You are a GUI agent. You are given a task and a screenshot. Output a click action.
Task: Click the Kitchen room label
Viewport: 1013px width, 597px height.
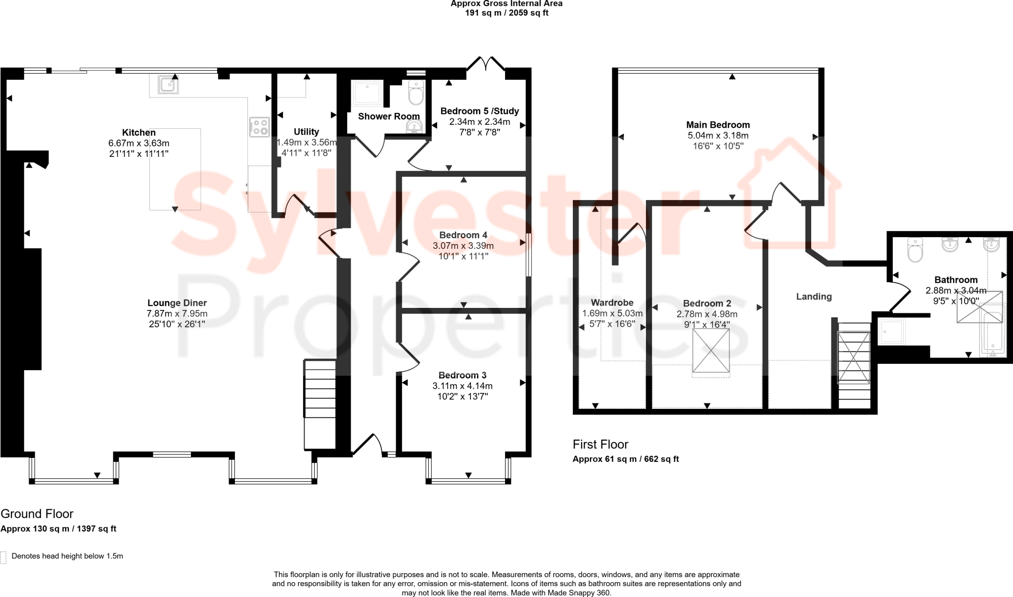139,132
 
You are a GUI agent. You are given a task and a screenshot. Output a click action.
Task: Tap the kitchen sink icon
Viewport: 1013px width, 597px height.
168,85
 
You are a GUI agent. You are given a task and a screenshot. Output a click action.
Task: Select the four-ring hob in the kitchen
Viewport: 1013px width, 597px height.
259,127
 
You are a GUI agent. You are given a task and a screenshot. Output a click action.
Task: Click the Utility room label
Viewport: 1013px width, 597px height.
306,132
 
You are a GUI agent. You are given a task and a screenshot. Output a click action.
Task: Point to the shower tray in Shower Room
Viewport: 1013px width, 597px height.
368,94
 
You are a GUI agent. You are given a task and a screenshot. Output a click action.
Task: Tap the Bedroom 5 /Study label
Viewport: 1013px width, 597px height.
479,111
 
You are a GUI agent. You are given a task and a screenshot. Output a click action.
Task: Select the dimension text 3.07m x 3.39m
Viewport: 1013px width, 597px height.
463,246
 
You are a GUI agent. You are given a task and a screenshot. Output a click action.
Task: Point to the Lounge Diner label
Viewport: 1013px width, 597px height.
177,303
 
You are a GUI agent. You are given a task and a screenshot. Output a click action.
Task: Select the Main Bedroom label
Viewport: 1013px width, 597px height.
718,125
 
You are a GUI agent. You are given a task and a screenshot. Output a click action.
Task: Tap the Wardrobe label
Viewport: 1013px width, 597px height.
612,302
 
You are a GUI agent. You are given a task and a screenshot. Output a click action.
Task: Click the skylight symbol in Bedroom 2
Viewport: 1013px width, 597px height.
711,350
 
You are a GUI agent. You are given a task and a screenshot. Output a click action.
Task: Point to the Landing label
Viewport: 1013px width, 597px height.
814,297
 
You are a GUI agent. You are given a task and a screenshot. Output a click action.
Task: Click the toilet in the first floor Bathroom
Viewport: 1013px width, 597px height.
916,250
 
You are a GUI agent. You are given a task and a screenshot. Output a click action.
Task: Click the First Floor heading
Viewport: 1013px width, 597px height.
600,444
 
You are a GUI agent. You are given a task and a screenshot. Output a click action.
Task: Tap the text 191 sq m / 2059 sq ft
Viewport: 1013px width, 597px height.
506,13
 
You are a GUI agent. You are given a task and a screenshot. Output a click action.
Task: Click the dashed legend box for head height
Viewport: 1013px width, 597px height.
3,557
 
